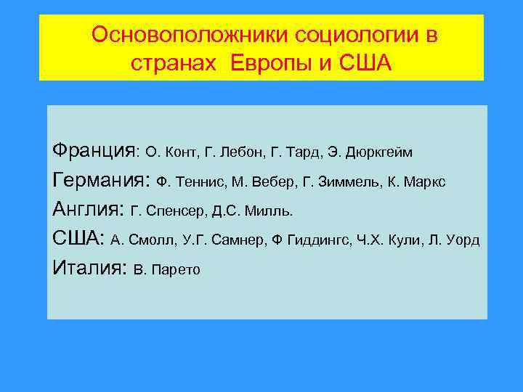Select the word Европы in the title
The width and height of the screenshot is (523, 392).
click(x=277, y=64)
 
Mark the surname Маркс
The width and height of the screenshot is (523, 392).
click(x=425, y=182)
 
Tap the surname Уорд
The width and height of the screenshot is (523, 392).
click(x=461, y=240)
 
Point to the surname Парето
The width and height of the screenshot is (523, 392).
click(x=174, y=269)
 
